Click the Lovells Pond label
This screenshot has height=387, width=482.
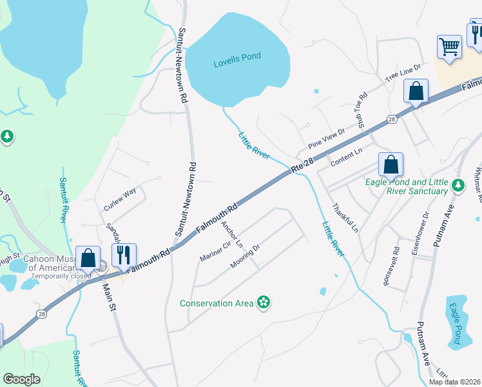click(237, 57)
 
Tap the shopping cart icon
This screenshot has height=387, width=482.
click(449, 46)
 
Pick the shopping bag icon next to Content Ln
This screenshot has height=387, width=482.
click(390, 164)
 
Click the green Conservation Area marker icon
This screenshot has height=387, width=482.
click(263, 302)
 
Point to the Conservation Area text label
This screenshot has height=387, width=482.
click(216, 303)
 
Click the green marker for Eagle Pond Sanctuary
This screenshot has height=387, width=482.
click(458, 186)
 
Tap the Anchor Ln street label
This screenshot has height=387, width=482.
click(232, 235)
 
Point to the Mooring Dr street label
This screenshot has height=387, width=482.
click(245, 257)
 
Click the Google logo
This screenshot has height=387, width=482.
click(21, 379)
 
